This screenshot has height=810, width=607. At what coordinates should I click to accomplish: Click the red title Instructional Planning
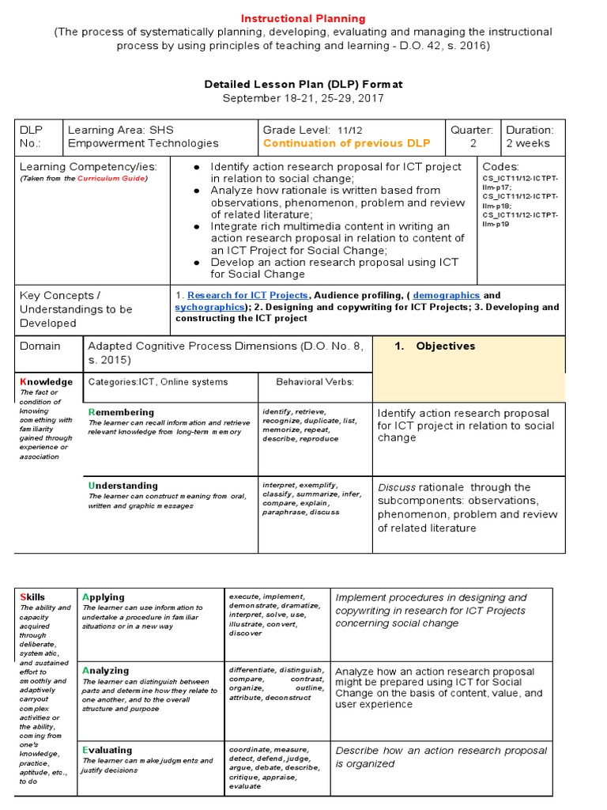(303, 18)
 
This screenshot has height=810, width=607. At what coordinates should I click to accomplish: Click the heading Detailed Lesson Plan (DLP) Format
(303, 84)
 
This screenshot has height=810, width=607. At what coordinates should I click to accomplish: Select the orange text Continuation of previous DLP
(347, 143)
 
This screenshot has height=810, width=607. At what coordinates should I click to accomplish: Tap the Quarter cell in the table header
(472, 136)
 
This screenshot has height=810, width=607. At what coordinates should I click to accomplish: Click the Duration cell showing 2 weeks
(530, 136)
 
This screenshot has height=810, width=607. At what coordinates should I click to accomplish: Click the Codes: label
(500, 167)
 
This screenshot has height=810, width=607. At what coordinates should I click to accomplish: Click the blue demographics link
(447, 295)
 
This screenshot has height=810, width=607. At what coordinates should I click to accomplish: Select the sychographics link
(209, 307)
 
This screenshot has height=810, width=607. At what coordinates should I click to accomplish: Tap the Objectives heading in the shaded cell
(445, 346)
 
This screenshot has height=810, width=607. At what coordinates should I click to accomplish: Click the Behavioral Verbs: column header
(315, 382)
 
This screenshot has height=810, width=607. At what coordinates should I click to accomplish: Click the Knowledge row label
(46, 382)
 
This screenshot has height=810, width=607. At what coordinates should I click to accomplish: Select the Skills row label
(32, 596)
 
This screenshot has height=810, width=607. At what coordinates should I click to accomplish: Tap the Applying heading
(104, 596)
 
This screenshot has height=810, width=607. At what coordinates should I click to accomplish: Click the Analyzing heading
(105, 670)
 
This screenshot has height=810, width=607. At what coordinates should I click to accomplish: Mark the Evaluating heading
(107, 749)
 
